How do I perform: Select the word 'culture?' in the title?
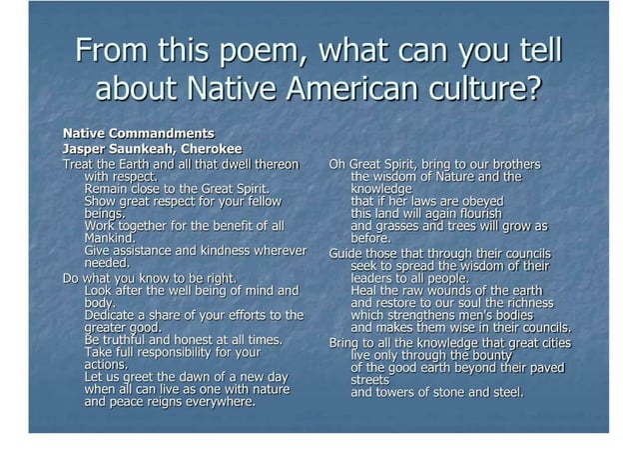pos(491,89)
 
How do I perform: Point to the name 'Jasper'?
pos(86,149)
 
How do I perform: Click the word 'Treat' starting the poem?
pos(79,164)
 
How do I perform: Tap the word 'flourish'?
pos(475,214)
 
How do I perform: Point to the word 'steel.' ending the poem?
pos(504,392)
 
